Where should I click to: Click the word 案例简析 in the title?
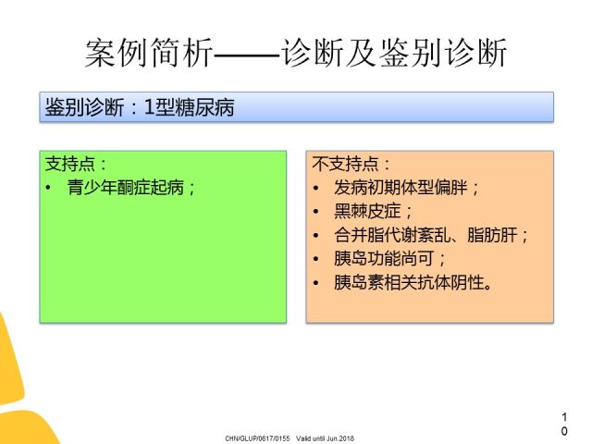click(149, 53)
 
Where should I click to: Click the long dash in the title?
click(247, 55)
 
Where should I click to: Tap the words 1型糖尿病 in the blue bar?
click(189, 107)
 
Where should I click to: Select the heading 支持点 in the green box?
click(70, 165)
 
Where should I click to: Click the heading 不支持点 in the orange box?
click(345, 165)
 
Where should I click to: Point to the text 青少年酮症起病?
click(126, 187)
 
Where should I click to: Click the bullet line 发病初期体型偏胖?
click(401, 187)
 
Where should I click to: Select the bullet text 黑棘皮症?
click(367, 211)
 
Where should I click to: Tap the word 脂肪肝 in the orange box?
click(492, 235)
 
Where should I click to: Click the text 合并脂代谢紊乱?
click(392, 235)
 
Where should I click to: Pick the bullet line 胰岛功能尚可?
click(384, 259)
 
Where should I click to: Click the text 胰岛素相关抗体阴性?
click(409, 282)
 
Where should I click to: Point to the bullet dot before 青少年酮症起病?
click(48, 188)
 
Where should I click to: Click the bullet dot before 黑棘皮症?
click(316, 212)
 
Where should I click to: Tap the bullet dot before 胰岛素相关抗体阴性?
click(316, 283)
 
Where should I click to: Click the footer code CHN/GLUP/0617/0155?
click(257, 438)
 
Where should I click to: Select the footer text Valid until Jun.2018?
click(325, 438)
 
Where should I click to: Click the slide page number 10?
click(564, 424)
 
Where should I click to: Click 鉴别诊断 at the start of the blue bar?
click(84, 107)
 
